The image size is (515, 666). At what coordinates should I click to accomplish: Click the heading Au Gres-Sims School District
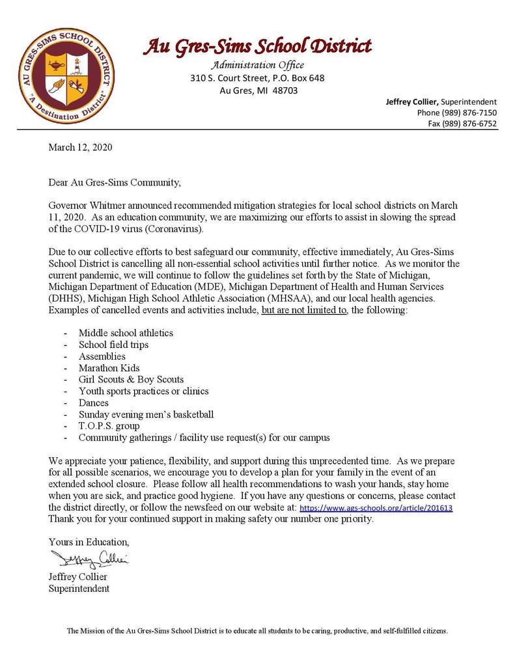pos(257,46)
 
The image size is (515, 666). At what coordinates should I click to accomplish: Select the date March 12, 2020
pos(80,147)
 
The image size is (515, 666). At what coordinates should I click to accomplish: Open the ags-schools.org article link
pos(376,508)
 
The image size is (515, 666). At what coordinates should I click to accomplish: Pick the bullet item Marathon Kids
pos(109,367)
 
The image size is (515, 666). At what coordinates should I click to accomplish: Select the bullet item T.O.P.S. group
pos(109,426)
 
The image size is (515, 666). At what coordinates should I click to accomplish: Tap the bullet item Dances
pos(94,403)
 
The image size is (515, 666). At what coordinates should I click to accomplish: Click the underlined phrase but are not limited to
pos(305,311)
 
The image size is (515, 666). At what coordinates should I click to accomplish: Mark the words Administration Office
pos(257,65)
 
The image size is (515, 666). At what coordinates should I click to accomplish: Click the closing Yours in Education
pos(89,542)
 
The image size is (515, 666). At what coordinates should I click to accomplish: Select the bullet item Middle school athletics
pos(126,332)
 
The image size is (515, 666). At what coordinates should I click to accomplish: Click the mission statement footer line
pos(257,631)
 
